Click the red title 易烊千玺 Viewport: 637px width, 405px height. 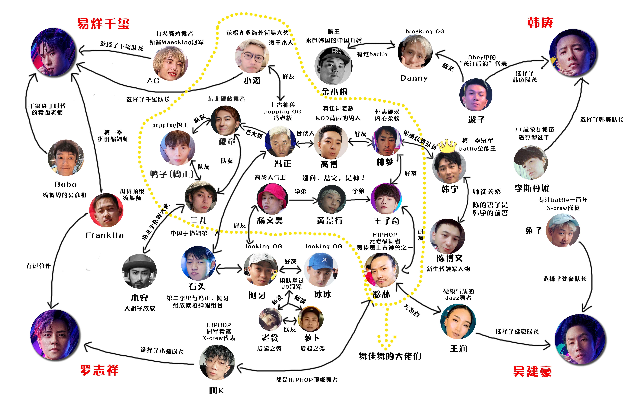tap(103, 24)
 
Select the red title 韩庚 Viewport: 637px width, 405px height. tap(540, 23)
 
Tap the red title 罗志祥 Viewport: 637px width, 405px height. tap(99, 370)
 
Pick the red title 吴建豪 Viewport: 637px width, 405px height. tap(532, 371)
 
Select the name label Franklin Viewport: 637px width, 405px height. tap(105, 235)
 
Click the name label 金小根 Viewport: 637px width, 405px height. tap(335, 92)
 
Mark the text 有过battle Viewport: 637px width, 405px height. tap(372, 54)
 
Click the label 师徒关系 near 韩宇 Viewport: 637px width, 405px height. tap(487, 192)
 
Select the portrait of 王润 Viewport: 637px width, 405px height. tap(458, 322)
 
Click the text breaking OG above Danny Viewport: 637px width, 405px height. tap(425, 31)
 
